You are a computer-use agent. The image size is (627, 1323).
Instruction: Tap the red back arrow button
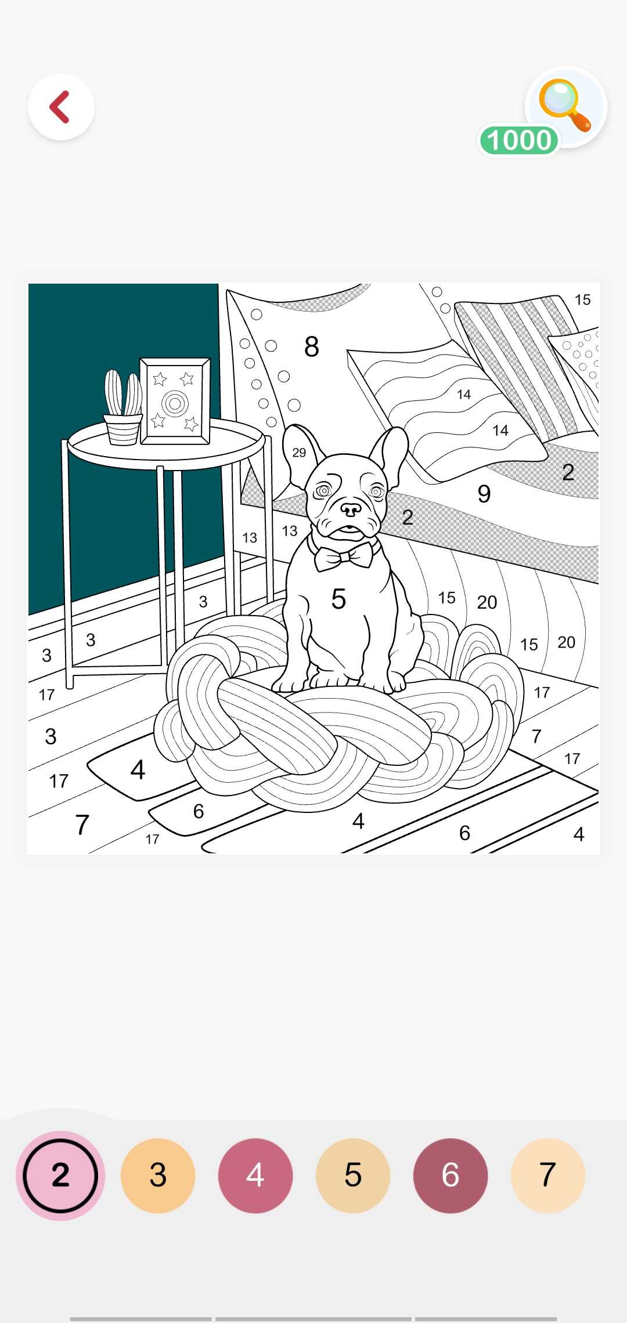click(x=61, y=107)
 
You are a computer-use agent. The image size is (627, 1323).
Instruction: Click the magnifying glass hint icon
click(x=564, y=104)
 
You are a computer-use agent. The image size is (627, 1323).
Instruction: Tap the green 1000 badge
click(x=518, y=140)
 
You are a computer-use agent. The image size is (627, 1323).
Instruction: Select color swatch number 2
click(x=60, y=1175)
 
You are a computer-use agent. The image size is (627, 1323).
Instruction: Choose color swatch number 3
click(x=158, y=1175)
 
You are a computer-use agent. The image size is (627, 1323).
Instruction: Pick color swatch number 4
click(x=255, y=1175)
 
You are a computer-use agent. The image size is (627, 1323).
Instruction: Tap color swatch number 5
click(x=353, y=1175)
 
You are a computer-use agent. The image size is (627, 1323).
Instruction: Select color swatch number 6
click(x=451, y=1175)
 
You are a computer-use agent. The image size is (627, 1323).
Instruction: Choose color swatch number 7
click(x=548, y=1175)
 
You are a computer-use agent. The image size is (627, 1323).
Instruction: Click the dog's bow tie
click(x=344, y=556)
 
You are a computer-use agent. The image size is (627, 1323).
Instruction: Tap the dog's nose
click(x=351, y=509)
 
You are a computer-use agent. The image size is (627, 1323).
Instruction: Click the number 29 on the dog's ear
click(x=299, y=453)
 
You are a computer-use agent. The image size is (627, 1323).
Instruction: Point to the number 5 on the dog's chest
click(x=338, y=599)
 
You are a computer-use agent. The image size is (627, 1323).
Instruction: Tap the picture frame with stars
click(x=175, y=401)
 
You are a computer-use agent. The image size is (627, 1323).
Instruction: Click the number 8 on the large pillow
click(x=312, y=347)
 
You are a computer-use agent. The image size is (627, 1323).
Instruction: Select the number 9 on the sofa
click(x=484, y=494)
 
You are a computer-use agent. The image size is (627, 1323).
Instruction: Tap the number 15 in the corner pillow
click(x=582, y=300)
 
